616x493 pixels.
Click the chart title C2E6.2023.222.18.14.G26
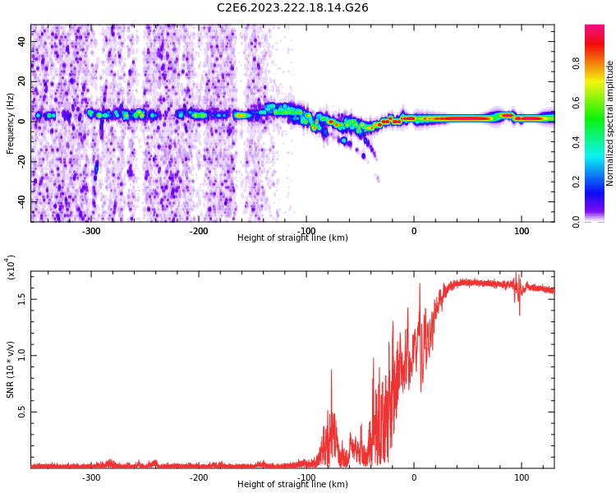pyautogui.click(x=292, y=8)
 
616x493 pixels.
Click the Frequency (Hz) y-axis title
pyautogui.click(x=11, y=123)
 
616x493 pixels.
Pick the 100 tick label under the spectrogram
pyautogui.click(x=522, y=231)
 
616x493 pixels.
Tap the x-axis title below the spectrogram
pyautogui.click(x=292, y=238)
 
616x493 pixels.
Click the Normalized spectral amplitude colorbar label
pyautogui.click(x=610, y=123)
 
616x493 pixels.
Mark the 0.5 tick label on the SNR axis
pyautogui.click(x=22, y=412)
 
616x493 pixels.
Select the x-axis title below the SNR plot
pyautogui.click(x=292, y=485)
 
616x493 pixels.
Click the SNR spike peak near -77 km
pyautogui.click(x=331, y=371)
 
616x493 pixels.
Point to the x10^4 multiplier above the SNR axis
pyautogui.click(x=11, y=267)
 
